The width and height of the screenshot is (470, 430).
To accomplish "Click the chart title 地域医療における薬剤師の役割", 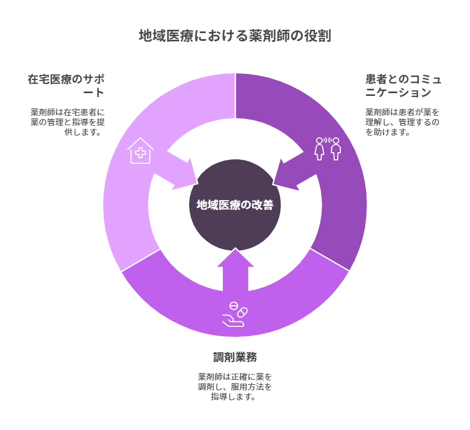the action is (235, 36).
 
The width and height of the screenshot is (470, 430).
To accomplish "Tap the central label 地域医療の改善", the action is (235, 205).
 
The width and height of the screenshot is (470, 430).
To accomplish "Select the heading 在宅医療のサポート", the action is (66, 85).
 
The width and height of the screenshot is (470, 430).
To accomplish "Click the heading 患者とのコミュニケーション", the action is (403, 85).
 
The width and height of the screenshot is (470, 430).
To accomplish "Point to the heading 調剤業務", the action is (235, 357).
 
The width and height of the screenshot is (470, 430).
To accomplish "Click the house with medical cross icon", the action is (140, 150).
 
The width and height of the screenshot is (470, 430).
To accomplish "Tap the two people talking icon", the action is (328, 149).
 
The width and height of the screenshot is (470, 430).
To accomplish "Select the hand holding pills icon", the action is (235, 314).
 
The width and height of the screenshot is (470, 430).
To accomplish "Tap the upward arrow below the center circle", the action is (236, 270).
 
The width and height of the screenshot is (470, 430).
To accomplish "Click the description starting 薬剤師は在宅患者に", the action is (68, 122).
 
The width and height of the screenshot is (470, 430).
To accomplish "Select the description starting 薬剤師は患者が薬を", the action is (402, 122).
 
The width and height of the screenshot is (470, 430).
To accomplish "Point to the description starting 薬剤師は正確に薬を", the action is (235, 386).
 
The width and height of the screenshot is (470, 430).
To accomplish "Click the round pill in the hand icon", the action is (233, 306).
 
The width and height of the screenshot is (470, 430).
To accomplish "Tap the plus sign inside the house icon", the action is (140, 153).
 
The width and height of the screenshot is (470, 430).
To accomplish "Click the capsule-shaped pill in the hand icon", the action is (242, 312).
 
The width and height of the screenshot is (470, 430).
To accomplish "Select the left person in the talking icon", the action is (319, 149).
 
